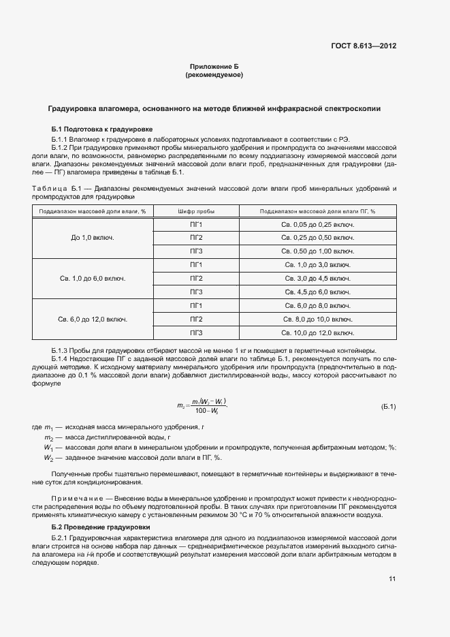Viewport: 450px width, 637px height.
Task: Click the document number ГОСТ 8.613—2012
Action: (364, 46)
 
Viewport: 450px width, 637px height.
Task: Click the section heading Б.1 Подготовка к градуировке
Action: (102, 129)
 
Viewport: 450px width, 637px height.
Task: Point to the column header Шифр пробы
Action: (196, 211)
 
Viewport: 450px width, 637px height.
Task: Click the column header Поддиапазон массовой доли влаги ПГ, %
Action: (317, 211)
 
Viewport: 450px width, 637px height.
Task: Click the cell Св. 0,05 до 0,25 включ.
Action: (317, 224)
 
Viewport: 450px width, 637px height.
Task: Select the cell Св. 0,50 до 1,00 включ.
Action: (317, 251)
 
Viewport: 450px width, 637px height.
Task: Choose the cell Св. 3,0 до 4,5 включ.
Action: (317, 279)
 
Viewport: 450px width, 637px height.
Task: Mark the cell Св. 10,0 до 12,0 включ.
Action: (317, 332)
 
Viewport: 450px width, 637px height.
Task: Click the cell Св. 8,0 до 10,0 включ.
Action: (317, 319)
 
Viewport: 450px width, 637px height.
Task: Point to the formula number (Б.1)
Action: (388, 407)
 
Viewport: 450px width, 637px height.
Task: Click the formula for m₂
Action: (202, 406)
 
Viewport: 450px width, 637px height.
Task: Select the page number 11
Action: (392, 578)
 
